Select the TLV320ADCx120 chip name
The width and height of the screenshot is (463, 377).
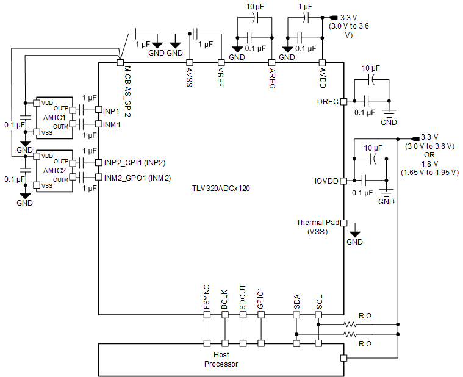pyautogui.click(x=220, y=188)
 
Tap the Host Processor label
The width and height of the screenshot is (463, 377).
pyautogui.click(x=221, y=359)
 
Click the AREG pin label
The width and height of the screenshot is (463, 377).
pyautogui.click(x=272, y=77)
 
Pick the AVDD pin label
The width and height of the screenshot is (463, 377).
pyautogui.click(x=323, y=77)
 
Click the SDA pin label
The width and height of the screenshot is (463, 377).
pyautogui.click(x=296, y=302)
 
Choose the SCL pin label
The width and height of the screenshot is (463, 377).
pyautogui.click(x=318, y=302)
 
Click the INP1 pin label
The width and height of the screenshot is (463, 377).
pyautogui.click(x=112, y=111)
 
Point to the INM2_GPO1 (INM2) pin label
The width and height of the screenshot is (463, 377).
pyautogui.click(x=137, y=178)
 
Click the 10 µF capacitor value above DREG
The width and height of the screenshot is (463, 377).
pyautogui.click(x=371, y=68)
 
